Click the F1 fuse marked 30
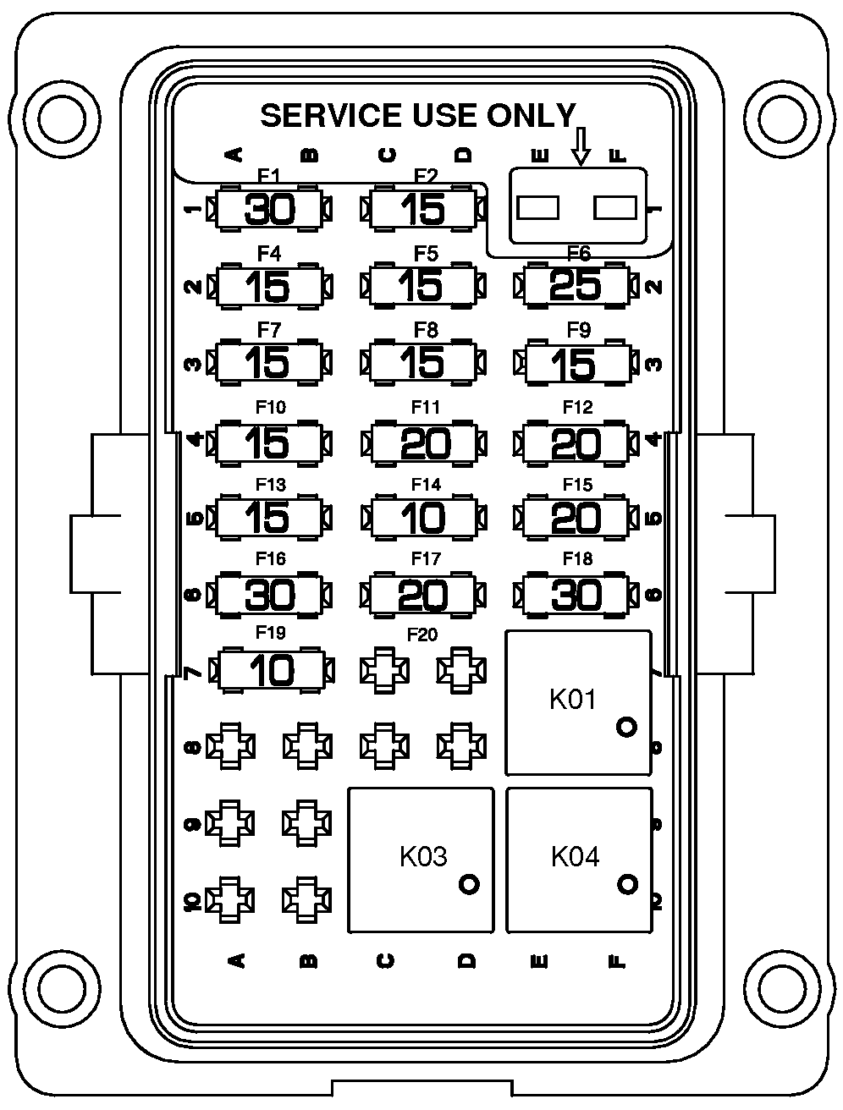(x=269, y=209)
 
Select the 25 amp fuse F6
(x=576, y=285)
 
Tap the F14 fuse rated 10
(x=424, y=518)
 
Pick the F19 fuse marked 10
(x=272, y=671)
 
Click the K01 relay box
(x=579, y=702)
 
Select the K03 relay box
(x=421, y=860)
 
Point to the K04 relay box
(x=580, y=860)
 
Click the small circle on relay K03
(x=469, y=884)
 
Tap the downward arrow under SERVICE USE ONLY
(x=581, y=146)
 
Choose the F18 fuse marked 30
(x=576, y=594)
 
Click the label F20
(x=422, y=635)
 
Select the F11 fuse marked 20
(x=424, y=443)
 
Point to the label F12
(x=577, y=407)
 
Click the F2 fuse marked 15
(x=424, y=209)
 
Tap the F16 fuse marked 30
(x=269, y=594)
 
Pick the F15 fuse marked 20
(x=576, y=518)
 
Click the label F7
(x=269, y=330)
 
